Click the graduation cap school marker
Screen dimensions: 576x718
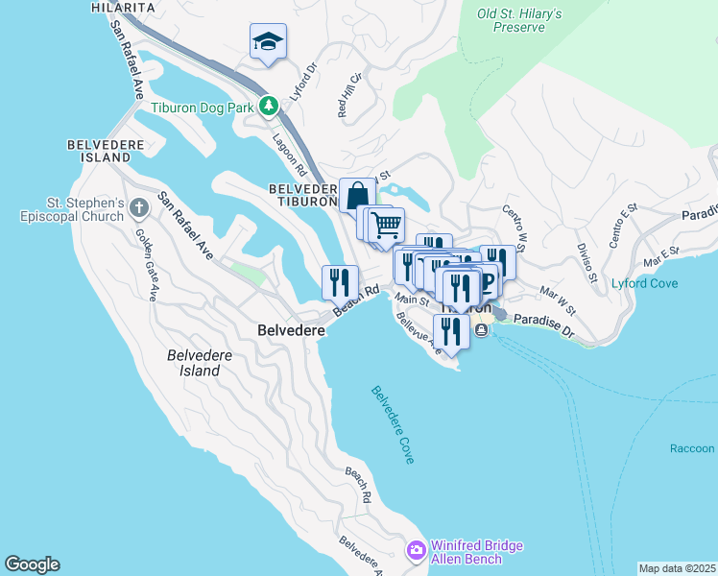[268, 41]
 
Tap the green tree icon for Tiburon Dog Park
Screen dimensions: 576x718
[271, 107]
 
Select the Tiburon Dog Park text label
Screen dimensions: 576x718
[203, 108]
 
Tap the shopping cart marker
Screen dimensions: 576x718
[386, 226]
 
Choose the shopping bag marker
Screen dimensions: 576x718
[357, 195]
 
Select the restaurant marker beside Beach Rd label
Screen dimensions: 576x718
[339, 282]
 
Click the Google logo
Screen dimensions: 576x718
[32, 564]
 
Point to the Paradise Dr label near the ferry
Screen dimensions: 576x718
[542, 326]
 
